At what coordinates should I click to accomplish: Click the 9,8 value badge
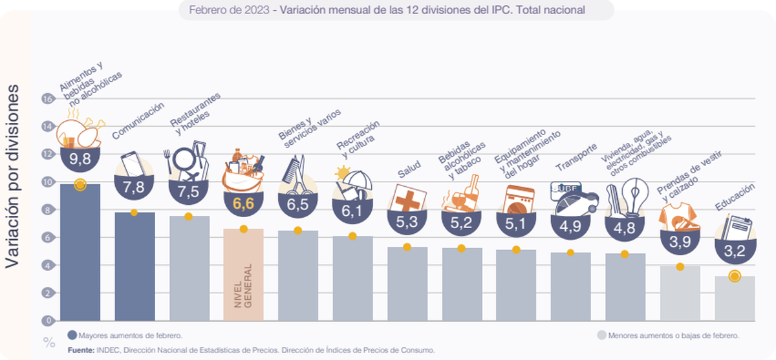[x=80, y=158]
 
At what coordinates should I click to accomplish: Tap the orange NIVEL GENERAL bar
[x=243, y=275]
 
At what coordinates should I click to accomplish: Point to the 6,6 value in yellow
[x=243, y=204]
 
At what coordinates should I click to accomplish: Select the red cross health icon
[x=407, y=197]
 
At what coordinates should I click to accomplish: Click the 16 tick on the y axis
[x=47, y=99]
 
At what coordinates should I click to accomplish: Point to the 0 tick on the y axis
[x=47, y=321]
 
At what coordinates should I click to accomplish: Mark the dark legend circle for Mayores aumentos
[x=72, y=335]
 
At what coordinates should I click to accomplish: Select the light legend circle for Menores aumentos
[x=601, y=335]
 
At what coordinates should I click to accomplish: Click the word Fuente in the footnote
[x=82, y=350]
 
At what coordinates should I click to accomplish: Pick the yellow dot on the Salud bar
[x=407, y=247]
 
